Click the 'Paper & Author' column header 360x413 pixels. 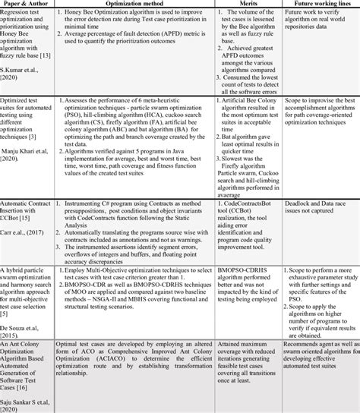coord(30,4)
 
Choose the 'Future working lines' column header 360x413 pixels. coord(320,4)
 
